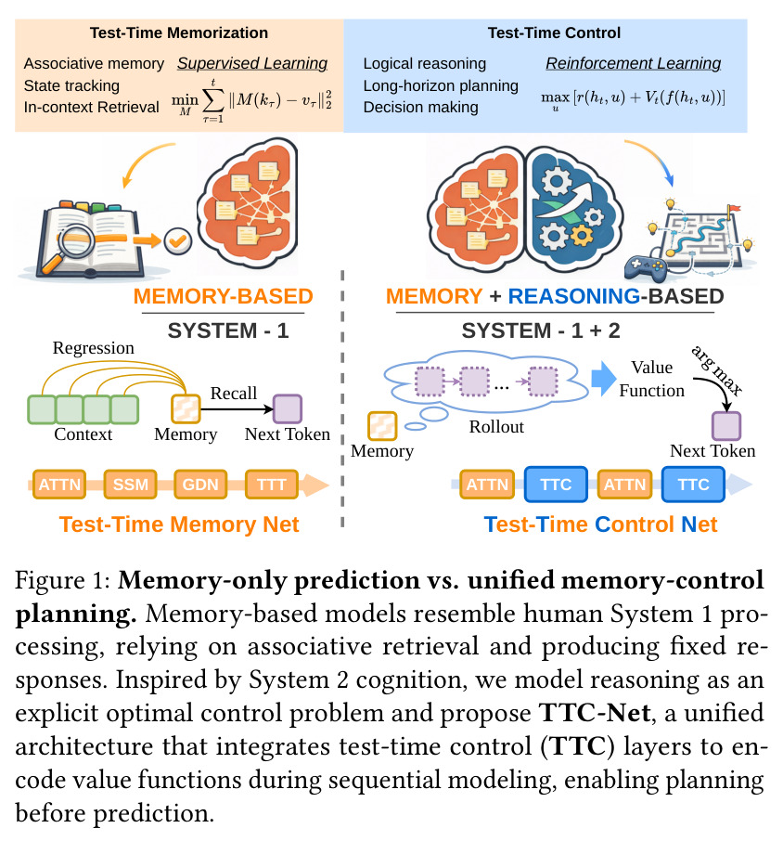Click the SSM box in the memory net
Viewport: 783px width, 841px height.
pyautogui.click(x=130, y=485)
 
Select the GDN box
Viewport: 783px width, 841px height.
pyautogui.click(x=200, y=485)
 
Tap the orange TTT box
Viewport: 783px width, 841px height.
pyautogui.click(x=271, y=485)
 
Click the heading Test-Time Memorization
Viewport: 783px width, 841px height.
pyautogui.click(x=179, y=32)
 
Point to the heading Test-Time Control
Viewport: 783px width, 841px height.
pyautogui.click(x=554, y=32)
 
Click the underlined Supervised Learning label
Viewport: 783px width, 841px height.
pyautogui.click(x=252, y=64)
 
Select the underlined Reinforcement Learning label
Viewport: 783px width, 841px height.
pyautogui.click(x=634, y=64)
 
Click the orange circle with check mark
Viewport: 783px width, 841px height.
pyautogui.click(x=178, y=240)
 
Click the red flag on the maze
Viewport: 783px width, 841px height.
pyautogui.click(x=733, y=209)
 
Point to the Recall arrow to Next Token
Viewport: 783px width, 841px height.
pyautogui.click(x=237, y=409)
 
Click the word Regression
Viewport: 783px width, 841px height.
pyautogui.click(x=94, y=348)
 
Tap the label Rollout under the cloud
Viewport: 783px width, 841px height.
pyautogui.click(x=496, y=427)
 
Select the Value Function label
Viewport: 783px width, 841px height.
pyautogui.click(x=651, y=379)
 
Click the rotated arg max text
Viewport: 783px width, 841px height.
pyautogui.click(x=717, y=370)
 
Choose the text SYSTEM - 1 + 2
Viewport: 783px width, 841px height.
pyautogui.click(x=541, y=330)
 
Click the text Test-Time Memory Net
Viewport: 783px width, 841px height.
pyautogui.click(x=179, y=524)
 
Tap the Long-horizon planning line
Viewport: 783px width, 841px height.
pyautogui.click(x=441, y=85)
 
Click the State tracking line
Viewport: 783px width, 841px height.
pyautogui.click(x=71, y=85)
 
